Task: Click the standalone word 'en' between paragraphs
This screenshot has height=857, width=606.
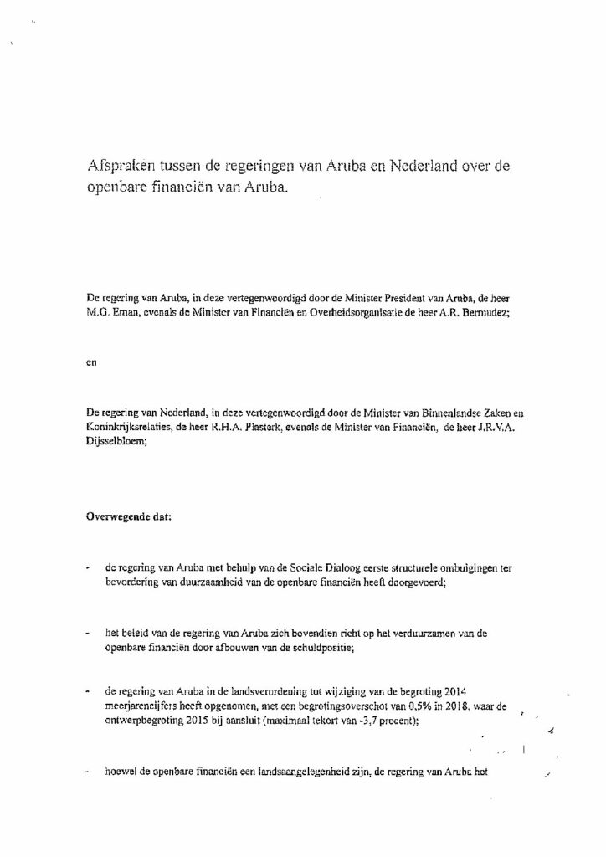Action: pyautogui.click(x=91, y=372)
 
